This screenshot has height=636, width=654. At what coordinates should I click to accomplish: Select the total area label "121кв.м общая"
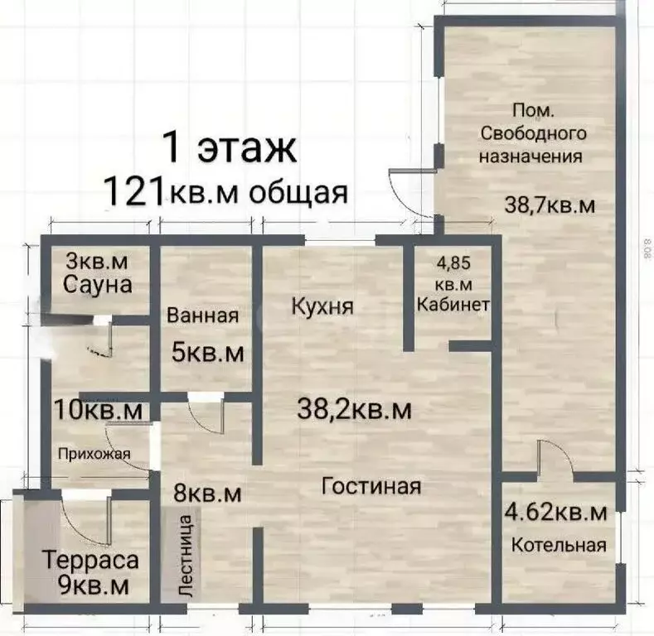225,191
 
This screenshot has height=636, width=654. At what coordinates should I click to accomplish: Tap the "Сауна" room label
97,285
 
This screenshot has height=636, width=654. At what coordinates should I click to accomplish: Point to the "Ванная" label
203,316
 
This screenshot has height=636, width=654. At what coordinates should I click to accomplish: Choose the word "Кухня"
323,306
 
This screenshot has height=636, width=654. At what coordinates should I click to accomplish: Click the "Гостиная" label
371,486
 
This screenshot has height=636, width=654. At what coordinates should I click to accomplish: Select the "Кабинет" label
453,303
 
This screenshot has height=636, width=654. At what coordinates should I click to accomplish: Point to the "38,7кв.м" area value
550,205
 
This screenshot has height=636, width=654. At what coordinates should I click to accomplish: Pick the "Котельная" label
558,545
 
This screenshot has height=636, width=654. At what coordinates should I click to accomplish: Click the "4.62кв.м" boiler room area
555,512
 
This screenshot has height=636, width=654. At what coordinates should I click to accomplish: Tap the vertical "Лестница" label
186,556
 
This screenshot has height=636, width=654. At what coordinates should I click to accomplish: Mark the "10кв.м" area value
97,409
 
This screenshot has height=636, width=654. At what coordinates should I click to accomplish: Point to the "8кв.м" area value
207,494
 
